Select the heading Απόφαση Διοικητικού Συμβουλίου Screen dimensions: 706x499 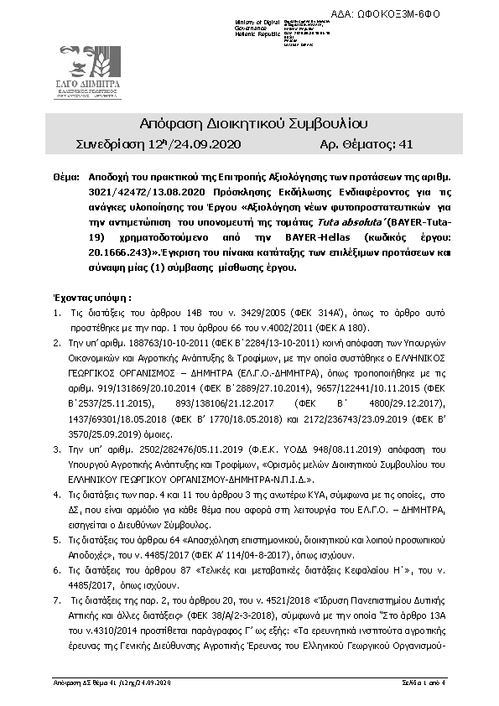tap(249, 123)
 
